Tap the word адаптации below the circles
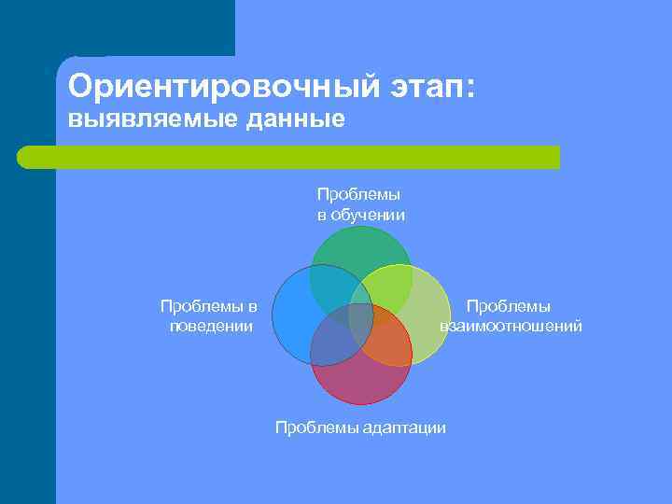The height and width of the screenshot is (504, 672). coord(404,427)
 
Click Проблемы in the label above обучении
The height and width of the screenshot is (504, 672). coord(358,194)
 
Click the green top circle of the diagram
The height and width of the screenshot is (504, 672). coord(361,250)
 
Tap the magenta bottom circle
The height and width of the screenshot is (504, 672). coord(361,383)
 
